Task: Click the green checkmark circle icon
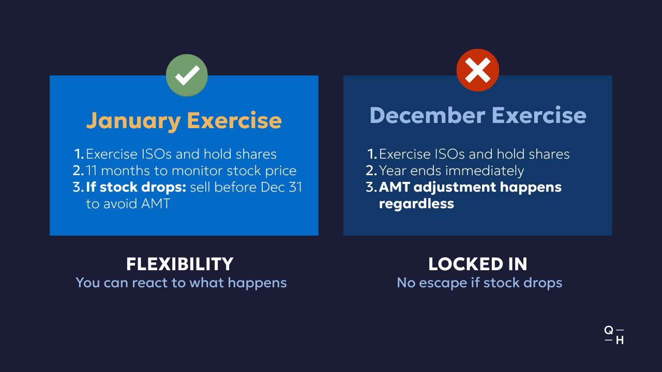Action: click(x=187, y=75)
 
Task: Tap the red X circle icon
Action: click(x=477, y=70)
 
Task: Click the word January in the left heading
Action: click(x=133, y=121)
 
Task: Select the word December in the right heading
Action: click(x=427, y=115)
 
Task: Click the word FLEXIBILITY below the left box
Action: click(x=179, y=264)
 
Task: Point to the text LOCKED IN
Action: click(x=477, y=264)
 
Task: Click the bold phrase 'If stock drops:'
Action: click(x=136, y=187)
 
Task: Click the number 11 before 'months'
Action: click(x=91, y=171)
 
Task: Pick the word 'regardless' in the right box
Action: click(x=416, y=204)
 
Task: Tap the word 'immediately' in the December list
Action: click(x=485, y=171)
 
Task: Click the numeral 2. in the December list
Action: click(x=371, y=171)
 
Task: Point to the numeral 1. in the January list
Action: click(x=79, y=154)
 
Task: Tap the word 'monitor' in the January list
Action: click(x=197, y=171)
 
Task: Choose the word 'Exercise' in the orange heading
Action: click(x=234, y=121)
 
